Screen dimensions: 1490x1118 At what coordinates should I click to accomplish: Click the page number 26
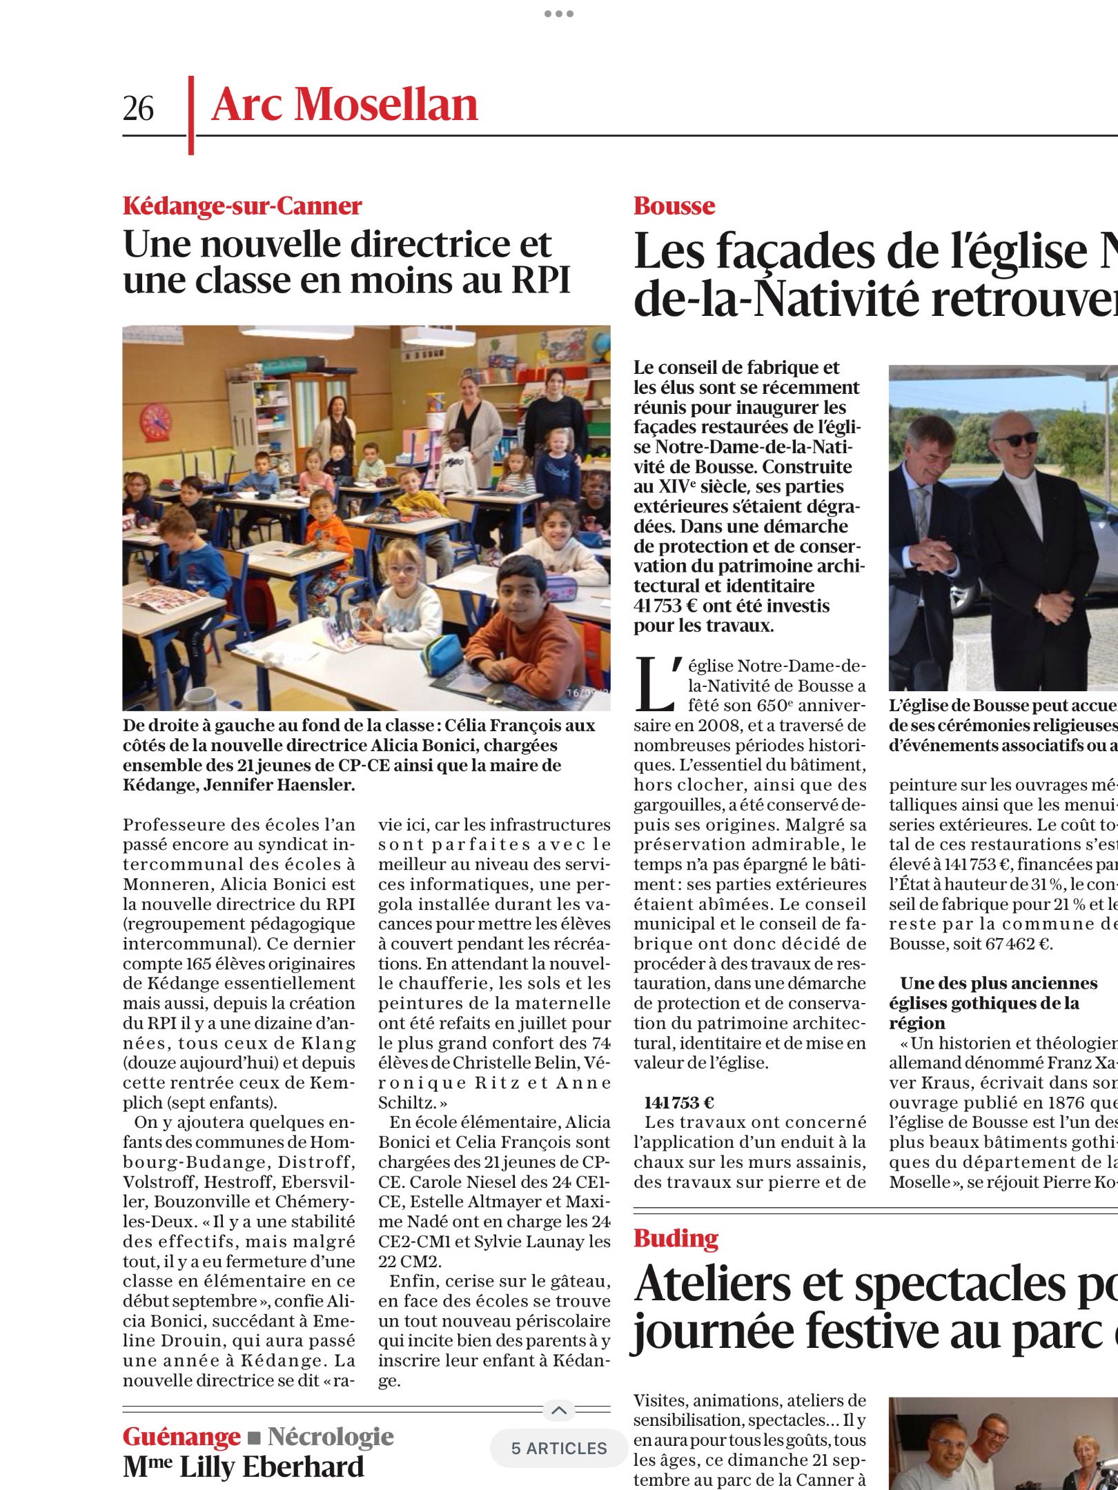coord(138,108)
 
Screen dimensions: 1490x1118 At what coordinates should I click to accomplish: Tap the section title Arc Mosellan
coord(344,106)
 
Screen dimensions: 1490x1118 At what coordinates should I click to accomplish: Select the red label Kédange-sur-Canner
coord(242,206)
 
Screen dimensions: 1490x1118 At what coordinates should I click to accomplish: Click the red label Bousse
coord(674,206)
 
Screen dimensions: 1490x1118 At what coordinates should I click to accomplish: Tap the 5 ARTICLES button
coord(559,1448)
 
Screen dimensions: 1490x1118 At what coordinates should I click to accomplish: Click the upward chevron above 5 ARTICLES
coord(559,1410)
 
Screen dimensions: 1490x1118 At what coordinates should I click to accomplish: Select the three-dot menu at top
coord(558,14)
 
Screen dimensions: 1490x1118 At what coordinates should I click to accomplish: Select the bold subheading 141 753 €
coord(679,1102)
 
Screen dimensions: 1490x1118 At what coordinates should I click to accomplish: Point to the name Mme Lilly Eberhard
coord(243,1467)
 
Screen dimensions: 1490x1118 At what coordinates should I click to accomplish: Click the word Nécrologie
coord(331,1436)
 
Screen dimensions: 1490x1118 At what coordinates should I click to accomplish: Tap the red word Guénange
coord(182,1436)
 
